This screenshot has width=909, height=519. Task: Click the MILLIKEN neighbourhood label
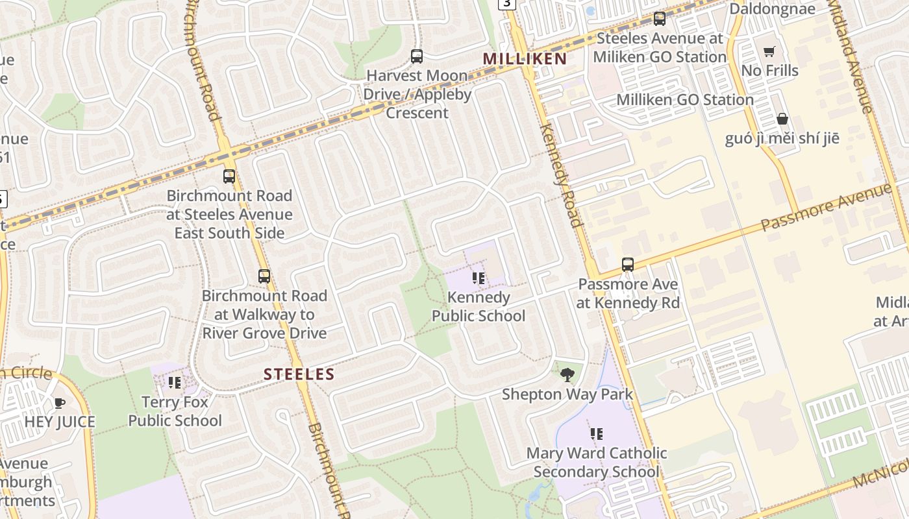[525, 59]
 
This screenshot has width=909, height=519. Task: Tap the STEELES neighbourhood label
[299, 374]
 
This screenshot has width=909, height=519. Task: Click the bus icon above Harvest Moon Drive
[417, 56]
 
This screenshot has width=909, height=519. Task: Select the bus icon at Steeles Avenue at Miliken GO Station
[660, 18]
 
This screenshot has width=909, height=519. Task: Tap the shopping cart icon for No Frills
[769, 51]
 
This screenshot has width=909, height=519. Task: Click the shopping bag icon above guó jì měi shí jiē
[782, 119]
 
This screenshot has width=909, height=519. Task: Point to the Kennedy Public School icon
[479, 278]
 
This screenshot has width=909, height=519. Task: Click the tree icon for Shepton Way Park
[567, 374]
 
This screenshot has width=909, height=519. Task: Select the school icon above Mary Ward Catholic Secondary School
[596, 433]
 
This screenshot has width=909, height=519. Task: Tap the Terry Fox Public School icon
[175, 383]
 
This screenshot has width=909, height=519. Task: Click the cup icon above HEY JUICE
[60, 403]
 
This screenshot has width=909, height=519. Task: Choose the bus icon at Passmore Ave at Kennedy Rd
[628, 265]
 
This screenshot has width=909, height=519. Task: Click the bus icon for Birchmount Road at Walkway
[264, 276]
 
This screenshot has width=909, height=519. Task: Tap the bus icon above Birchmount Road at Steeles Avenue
[229, 176]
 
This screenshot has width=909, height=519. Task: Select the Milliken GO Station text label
[684, 100]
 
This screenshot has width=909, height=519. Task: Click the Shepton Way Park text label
[567, 394]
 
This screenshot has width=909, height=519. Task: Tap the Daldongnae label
[772, 9]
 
